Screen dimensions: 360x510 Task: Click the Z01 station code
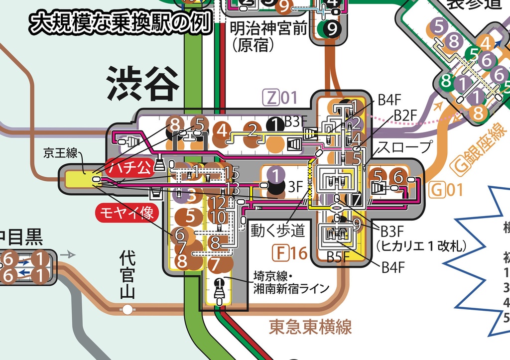[x=282, y=98]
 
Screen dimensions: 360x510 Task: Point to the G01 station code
[x=446, y=190]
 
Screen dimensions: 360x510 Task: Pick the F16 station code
[x=289, y=253]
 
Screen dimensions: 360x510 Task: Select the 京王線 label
[x=60, y=153]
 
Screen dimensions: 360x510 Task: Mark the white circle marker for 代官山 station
[x=127, y=310]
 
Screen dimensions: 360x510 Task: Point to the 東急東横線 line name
[x=310, y=327]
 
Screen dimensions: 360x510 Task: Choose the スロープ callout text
[x=404, y=147]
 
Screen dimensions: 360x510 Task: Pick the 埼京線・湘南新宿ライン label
[x=291, y=282]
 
